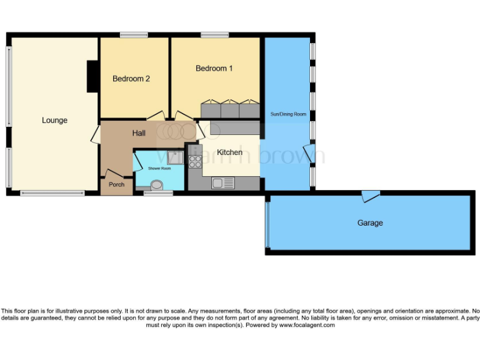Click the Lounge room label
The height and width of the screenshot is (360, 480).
tap(54, 120)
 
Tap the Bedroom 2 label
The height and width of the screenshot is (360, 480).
tap(131, 79)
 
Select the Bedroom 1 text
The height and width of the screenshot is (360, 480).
tap(214, 68)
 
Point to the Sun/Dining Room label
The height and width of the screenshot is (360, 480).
tap(287, 114)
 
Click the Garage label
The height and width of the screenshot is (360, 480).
tap(370, 222)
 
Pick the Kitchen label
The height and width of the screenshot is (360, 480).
tap(229, 152)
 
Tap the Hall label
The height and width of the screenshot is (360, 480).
tap(139, 133)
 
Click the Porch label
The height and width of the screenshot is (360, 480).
tap(116, 184)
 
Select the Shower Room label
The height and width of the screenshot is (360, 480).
tap(159, 168)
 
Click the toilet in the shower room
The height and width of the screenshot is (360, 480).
tap(156, 184)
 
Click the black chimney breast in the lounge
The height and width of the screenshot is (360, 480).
tap(92, 76)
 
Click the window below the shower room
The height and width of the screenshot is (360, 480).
tap(158, 193)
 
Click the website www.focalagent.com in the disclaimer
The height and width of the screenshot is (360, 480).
tap(306, 325)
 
